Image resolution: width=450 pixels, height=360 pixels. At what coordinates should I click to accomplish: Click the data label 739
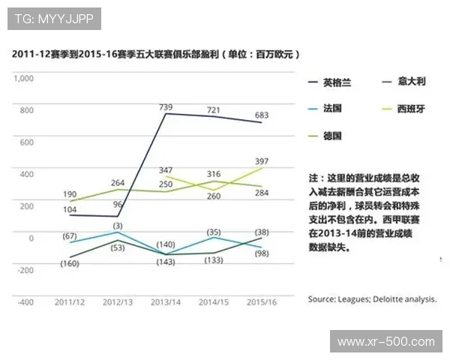(166, 107)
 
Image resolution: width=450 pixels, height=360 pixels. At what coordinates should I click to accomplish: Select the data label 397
(262, 160)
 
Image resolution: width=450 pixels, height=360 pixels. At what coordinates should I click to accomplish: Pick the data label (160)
(70, 263)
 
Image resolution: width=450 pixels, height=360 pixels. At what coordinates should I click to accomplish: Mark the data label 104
(70, 208)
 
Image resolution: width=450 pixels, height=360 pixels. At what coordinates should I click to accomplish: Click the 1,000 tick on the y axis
(25, 78)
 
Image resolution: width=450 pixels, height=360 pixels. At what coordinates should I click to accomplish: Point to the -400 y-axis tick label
(25, 302)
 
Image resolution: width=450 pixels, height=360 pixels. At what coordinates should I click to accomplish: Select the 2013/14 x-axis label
(166, 302)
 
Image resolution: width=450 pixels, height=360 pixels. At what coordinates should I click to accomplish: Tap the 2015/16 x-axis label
(262, 302)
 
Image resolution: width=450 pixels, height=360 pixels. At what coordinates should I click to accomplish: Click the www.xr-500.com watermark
(386, 342)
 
